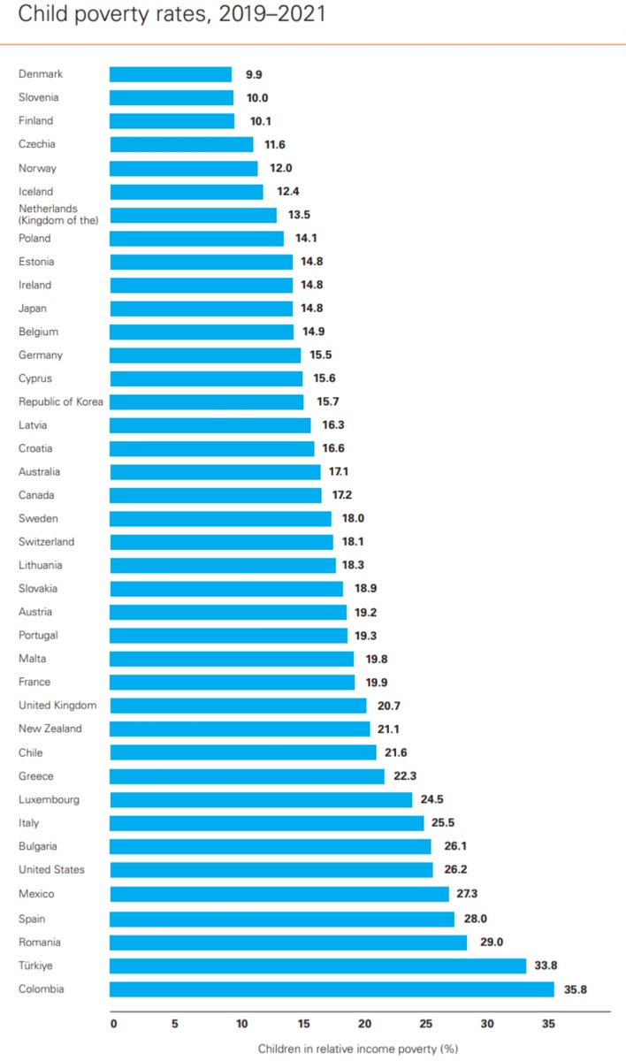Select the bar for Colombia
[x=332, y=988]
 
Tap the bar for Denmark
[x=171, y=74]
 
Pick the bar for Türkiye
[x=317, y=966]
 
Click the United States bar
[x=271, y=869]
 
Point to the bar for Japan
[x=201, y=309]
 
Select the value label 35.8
[x=575, y=988]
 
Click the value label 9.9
[x=254, y=74]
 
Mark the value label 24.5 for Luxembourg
[x=434, y=799]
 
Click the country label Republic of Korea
[x=61, y=401]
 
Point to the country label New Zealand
[x=50, y=729]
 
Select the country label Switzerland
[x=47, y=541]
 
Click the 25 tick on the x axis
[x=426, y=1024]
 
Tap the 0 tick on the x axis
[x=113, y=1024]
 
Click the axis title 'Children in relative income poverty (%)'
[x=357, y=1049]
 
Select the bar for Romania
[x=288, y=942]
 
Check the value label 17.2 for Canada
[x=344, y=495]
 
